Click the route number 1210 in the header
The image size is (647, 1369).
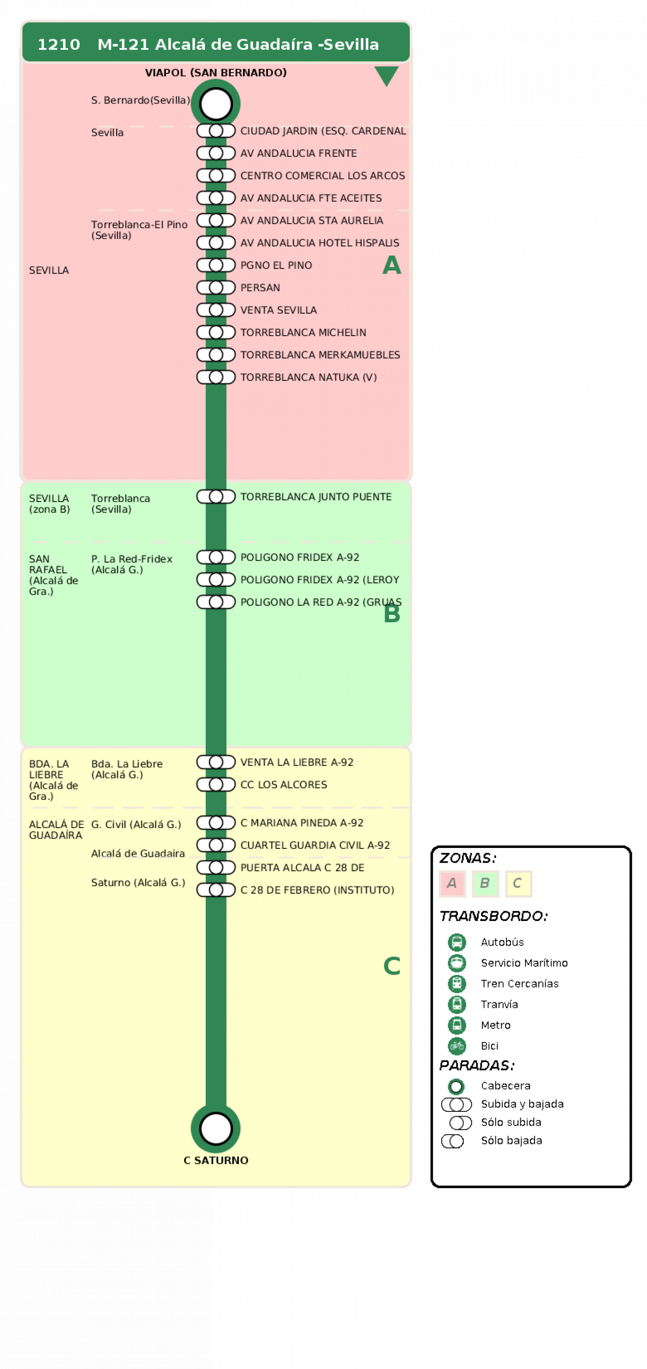coord(58,44)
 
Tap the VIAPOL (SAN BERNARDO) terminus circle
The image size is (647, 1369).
coord(216,104)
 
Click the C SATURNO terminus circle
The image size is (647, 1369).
coord(216,1129)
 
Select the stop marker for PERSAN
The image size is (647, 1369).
coord(216,288)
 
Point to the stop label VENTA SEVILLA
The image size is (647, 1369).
coord(278,310)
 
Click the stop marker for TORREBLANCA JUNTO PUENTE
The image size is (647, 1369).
coord(216,497)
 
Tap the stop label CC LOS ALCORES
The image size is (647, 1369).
coord(283,785)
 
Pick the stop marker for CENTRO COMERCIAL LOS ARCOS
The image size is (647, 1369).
coord(216,175)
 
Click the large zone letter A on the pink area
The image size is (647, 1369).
coord(391,264)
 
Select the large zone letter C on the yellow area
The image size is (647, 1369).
coord(392,966)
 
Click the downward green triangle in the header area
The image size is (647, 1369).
coord(387,75)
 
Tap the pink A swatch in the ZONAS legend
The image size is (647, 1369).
coord(452,883)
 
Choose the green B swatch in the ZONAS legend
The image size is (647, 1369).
coord(485,883)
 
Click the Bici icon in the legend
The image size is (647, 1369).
coord(456,1046)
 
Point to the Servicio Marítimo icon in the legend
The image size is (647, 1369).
coord(456,963)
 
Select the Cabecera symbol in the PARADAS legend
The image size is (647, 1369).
coord(456,1086)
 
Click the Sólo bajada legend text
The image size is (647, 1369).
coord(511,1141)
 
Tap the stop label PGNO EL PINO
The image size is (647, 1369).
coord(276,265)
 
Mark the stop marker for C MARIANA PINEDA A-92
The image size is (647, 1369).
coord(216,823)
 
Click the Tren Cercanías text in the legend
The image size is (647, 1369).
coord(519,984)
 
